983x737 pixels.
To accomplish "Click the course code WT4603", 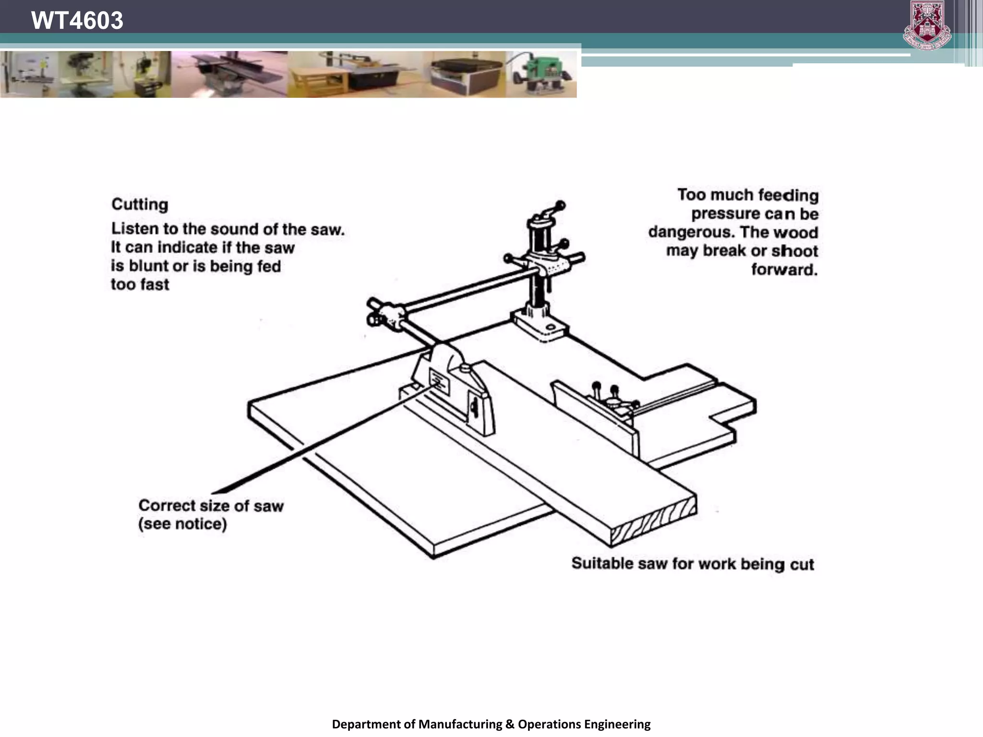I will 77,20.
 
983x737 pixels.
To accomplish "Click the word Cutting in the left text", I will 140,204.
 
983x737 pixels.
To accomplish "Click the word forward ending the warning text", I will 784,270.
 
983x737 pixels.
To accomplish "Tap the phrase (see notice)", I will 182,523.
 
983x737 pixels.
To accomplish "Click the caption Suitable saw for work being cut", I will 692,564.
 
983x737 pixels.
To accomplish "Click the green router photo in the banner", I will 541,75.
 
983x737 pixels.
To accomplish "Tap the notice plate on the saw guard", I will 439,382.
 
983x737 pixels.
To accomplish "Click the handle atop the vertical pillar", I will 552,210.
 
